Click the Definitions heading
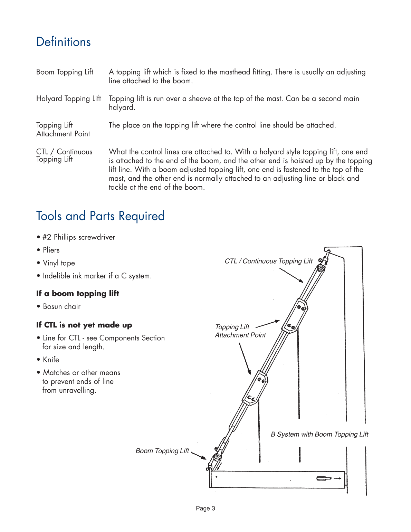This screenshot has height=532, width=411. tap(64, 42)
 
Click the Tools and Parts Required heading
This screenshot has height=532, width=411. tap(100, 216)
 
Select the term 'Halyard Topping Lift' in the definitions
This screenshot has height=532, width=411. tap(68, 99)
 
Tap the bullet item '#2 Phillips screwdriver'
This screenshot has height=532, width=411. tap(79, 237)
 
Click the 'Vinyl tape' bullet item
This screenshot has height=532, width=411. tap(59, 263)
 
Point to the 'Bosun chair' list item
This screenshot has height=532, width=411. tap(61, 306)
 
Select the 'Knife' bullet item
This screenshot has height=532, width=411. tap(51, 360)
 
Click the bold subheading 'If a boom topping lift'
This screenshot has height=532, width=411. tap(78, 294)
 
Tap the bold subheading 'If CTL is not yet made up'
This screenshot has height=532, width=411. tap(84, 325)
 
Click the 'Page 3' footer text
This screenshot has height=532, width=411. tap(205, 508)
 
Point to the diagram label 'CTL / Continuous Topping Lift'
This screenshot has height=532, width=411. tap(268, 261)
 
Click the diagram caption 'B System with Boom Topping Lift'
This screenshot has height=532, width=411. tap(319, 434)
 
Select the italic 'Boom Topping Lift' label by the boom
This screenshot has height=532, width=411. tap(162, 451)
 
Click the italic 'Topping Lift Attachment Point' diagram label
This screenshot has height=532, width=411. tap(240, 331)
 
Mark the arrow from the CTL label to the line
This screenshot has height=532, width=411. tap(291, 275)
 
